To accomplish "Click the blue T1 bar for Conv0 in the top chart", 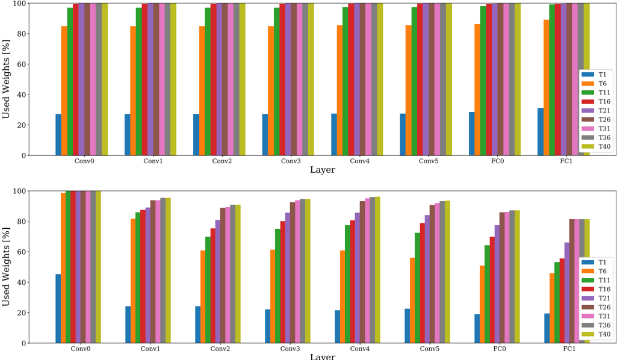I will pos(58,135).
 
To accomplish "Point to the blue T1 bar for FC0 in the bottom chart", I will pos(477,329).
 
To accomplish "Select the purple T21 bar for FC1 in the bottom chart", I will pos(566,293).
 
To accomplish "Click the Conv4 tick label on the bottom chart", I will pos(360,349).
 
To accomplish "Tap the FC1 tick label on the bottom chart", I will pos(569,349).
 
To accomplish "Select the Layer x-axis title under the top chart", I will pos(322,170).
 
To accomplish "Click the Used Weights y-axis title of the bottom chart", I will pos(7,267).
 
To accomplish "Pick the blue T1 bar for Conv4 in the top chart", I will pos(334,134).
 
